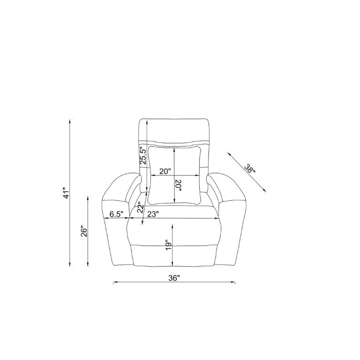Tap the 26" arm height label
pyautogui.click(x=83, y=232)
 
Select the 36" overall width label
pyautogui.click(x=174, y=278)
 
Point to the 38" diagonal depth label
pyautogui.click(x=249, y=169)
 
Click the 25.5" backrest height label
pyautogui.click(x=143, y=156)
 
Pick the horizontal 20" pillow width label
pyautogui.click(x=165, y=171)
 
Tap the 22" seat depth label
pyautogui.click(x=141, y=208)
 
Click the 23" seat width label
pyautogui.click(x=153, y=214)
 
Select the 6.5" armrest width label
pyautogui.click(x=116, y=214)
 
